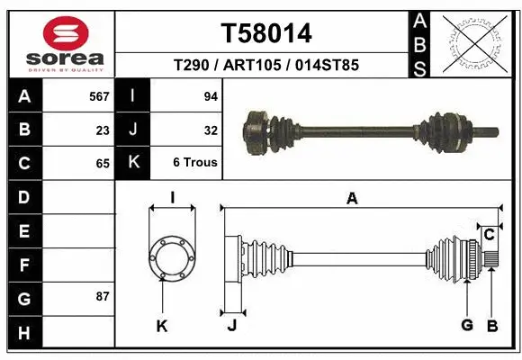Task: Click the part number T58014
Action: tap(266, 33)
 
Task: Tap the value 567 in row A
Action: tap(99, 95)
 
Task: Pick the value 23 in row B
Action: tap(103, 130)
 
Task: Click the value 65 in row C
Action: tap(103, 163)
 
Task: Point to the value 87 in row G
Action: tap(103, 295)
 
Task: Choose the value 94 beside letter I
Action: tap(209, 95)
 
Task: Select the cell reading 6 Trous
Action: tap(195, 163)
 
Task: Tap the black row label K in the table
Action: tap(133, 163)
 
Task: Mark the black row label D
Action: tap(23, 196)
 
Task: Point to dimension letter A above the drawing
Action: tap(352, 199)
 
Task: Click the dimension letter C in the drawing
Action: tap(489, 235)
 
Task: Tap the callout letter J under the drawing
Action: tap(231, 326)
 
